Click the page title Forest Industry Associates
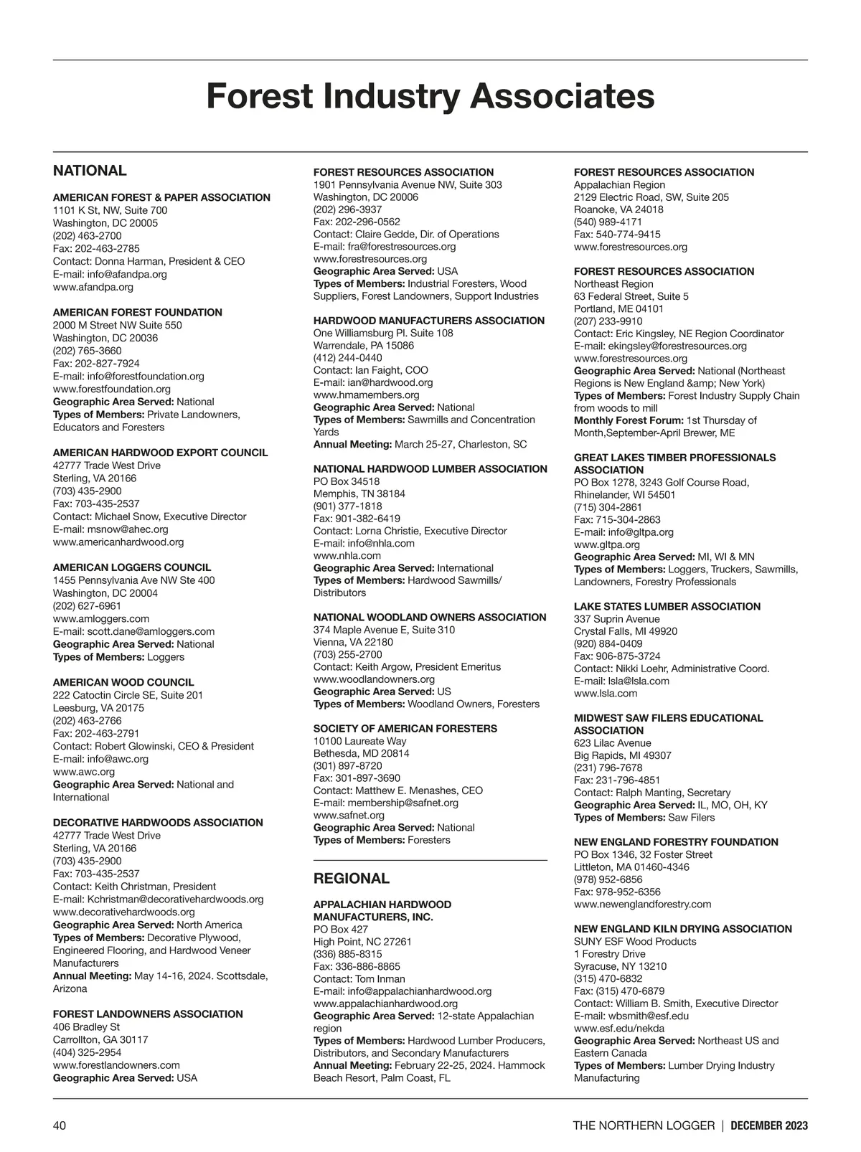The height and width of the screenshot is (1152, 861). [430, 96]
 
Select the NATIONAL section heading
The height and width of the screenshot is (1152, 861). [90, 171]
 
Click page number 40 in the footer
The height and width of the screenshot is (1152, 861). [60, 1125]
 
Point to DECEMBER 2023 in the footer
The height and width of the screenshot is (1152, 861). [769, 1125]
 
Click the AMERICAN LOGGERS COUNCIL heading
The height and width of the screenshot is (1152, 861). [132, 567]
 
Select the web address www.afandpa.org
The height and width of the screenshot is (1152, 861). [93, 287]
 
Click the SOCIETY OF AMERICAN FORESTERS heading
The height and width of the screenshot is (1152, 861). [405, 729]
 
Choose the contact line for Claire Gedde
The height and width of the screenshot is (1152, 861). [406, 234]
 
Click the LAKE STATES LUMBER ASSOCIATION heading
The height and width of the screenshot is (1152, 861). [667, 606]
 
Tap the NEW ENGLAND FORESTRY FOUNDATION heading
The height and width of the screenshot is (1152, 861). [676, 842]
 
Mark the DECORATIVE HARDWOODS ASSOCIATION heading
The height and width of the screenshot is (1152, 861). [158, 823]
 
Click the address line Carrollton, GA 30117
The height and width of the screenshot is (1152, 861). [100, 1039]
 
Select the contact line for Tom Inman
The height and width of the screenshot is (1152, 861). [359, 979]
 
